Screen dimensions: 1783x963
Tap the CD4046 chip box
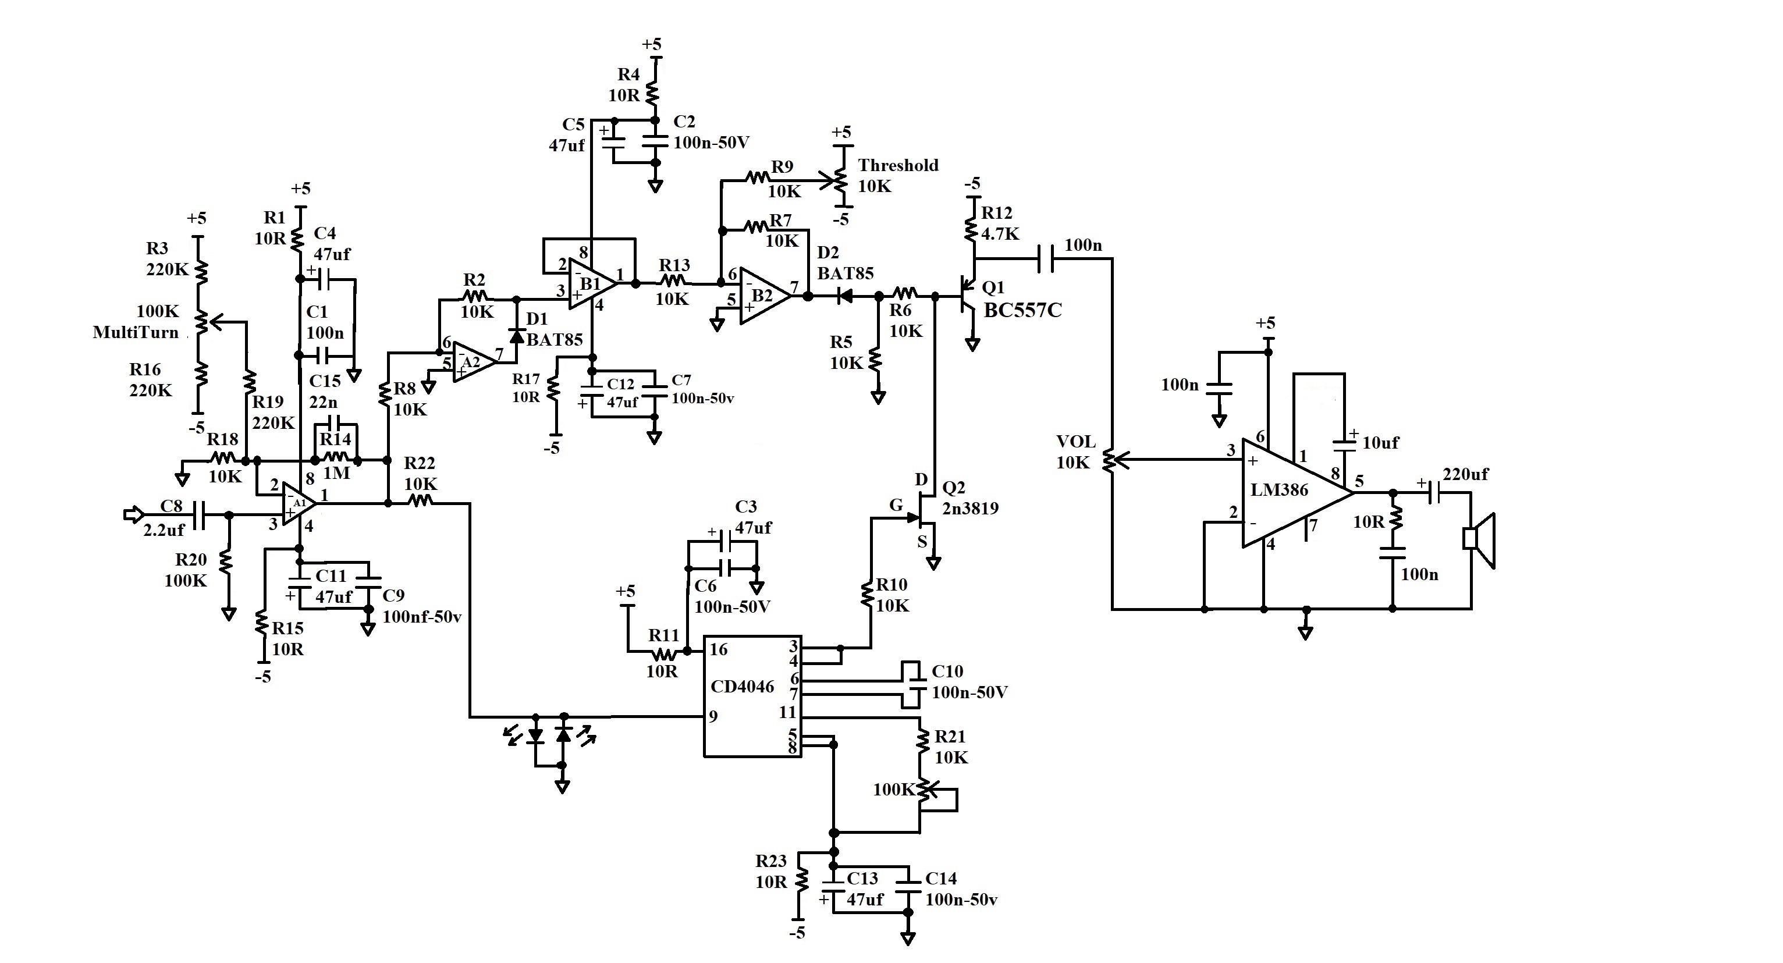(x=752, y=696)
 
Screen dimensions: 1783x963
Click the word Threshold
(x=898, y=165)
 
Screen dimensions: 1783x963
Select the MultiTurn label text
(x=136, y=332)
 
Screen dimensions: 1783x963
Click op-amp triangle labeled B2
(x=764, y=296)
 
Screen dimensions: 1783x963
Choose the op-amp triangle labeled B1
(x=592, y=284)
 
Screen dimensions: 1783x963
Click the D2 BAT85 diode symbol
(x=844, y=296)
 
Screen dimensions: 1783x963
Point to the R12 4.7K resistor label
(x=1000, y=223)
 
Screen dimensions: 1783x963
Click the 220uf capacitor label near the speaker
(x=1465, y=474)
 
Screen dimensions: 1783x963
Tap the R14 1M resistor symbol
(x=336, y=456)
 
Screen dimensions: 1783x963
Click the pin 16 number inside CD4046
(x=719, y=649)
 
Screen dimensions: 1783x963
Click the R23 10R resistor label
(x=771, y=871)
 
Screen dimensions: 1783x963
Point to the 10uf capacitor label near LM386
(x=1380, y=442)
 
